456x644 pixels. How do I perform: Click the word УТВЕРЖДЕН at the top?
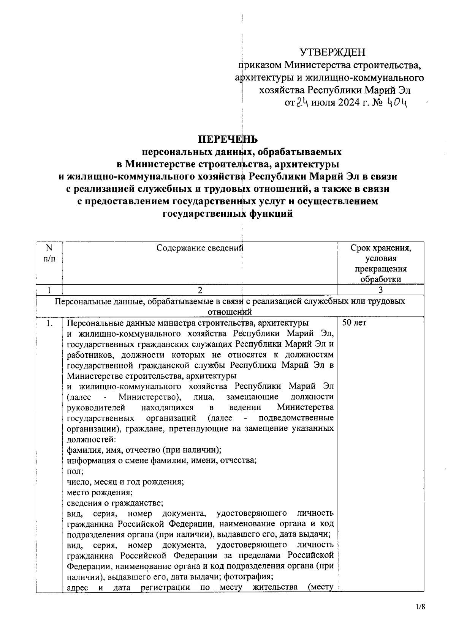pyautogui.click(x=332, y=52)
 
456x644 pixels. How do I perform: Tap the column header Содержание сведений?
pyautogui.click(x=200, y=248)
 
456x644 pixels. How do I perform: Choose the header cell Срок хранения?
pyautogui.click(x=381, y=249)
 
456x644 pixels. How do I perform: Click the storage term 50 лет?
pyautogui.click(x=354, y=323)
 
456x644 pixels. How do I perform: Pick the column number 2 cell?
pyautogui.click(x=200, y=290)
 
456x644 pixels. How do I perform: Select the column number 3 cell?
pyautogui.click(x=381, y=290)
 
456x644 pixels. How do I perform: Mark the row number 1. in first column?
pyautogui.click(x=49, y=323)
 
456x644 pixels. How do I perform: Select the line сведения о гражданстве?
pyautogui.click(x=115, y=503)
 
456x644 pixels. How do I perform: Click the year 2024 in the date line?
pyautogui.click(x=347, y=103)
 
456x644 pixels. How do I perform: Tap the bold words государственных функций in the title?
pyautogui.click(x=228, y=214)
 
